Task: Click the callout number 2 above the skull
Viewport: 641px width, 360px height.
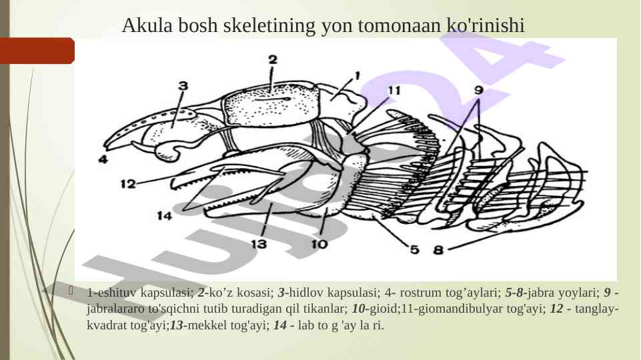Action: click(x=273, y=59)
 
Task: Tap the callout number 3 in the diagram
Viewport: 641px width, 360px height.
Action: click(x=183, y=85)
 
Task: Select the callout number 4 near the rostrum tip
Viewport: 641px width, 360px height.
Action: click(x=103, y=159)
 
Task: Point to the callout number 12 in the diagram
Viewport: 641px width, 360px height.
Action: click(x=128, y=184)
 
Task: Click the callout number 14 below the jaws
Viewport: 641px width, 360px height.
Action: click(x=165, y=215)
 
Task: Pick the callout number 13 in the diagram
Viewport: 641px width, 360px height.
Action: click(x=259, y=244)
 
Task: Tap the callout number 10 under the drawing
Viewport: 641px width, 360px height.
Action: click(x=319, y=244)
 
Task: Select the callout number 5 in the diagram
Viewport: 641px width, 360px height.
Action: click(x=414, y=249)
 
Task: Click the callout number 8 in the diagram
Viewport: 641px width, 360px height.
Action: click(x=438, y=249)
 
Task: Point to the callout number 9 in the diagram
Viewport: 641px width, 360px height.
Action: click(x=479, y=90)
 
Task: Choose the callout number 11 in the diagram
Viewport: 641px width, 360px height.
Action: click(x=394, y=90)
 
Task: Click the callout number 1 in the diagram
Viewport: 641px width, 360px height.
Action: click(x=358, y=76)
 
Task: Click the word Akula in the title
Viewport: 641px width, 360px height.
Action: click(x=147, y=25)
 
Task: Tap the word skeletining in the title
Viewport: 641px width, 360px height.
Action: click(x=269, y=25)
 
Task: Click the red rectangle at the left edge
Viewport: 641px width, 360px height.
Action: click(x=37, y=51)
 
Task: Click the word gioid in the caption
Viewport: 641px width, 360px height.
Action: click(x=383, y=309)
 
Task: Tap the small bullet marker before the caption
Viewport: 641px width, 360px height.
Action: click(x=71, y=291)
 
